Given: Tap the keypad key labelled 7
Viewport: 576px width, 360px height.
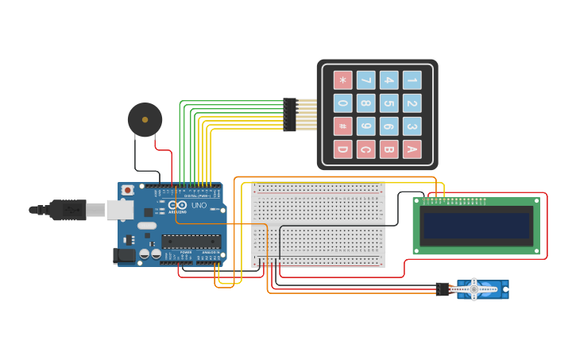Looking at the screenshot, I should tap(365, 80).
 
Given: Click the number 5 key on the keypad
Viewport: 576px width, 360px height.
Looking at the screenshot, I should tap(389, 103).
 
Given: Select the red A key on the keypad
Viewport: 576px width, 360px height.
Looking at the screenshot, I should tap(412, 149).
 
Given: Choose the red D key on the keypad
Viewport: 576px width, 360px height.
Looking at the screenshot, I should tap(342, 149).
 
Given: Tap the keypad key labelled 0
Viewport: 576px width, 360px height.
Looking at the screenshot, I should tap(342, 103).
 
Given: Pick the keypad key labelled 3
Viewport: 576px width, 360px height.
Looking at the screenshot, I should tap(412, 126).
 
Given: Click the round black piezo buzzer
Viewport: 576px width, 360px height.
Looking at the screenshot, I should tap(145, 120).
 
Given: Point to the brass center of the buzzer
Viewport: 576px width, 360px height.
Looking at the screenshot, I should tap(145, 120).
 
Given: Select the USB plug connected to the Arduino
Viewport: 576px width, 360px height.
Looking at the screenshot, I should tap(68, 210).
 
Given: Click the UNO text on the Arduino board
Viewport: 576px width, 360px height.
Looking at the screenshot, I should tap(199, 206).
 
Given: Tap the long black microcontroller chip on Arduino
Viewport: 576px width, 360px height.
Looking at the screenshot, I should tap(191, 242).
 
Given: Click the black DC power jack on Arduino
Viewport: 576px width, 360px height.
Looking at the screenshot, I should tap(124, 255).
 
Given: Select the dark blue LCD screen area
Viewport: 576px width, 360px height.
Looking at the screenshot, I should tap(477, 226).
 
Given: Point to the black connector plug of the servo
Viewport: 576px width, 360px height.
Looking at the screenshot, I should tap(443, 289).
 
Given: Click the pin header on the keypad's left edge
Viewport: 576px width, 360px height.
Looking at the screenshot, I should tap(290, 114).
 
